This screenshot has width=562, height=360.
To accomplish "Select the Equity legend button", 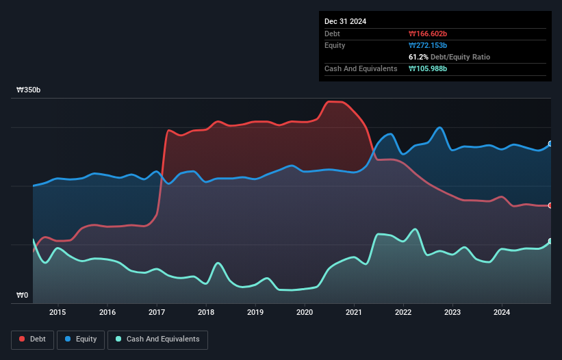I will pyautogui.click(x=81, y=339).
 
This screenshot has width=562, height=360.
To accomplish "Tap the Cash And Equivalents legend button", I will pyautogui.click(x=157, y=339).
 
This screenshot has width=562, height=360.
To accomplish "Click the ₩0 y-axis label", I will pyautogui.click(x=23, y=296).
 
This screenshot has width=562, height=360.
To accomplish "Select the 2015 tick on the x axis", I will pyautogui.click(x=58, y=313).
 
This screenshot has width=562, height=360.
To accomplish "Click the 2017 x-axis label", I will pyautogui.click(x=157, y=313).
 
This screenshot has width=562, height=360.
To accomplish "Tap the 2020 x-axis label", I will pyautogui.click(x=305, y=313).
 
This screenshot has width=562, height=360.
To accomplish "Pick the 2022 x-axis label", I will pyautogui.click(x=403, y=313).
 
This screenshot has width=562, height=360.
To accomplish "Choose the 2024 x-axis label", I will pyautogui.click(x=502, y=313).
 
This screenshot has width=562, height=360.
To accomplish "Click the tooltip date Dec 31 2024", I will pyautogui.click(x=346, y=21).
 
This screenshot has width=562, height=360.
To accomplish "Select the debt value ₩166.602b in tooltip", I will pyautogui.click(x=428, y=34).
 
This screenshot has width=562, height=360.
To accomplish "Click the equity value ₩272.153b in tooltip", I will pyautogui.click(x=428, y=45).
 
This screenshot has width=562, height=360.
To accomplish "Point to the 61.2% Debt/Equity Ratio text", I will pyautogui.click(x=449, y=57).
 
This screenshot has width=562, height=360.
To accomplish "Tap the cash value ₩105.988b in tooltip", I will pyautogui.click(x=428, y=68).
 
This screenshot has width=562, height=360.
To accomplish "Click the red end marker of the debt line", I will pyautogui.click(x=550, y=205).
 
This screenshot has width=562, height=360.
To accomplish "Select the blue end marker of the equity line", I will pyautogui.click(x=550, y=144).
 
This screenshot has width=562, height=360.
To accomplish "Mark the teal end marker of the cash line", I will pyautogui.click(x=550, y=241).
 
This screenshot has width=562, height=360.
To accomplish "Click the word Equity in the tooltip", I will pyautogui.click(x=335, y=45).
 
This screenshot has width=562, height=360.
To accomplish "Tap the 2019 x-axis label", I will pyautogui.click(x=255, y=313).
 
